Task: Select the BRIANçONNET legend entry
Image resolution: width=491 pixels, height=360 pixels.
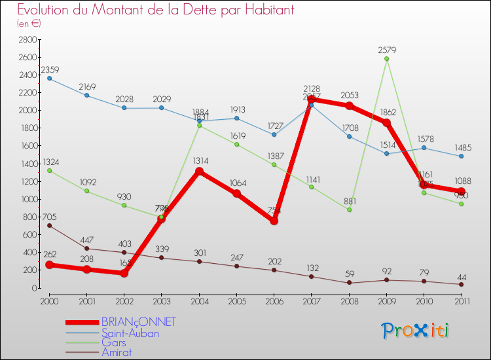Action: tap(139, 322)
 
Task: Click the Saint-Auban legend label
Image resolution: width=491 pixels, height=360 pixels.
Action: tap(130, 333)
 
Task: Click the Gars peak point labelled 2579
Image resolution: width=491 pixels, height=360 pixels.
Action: tap(387, 59)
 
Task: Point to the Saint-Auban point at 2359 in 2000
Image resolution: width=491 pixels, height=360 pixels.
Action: tap(50, 79)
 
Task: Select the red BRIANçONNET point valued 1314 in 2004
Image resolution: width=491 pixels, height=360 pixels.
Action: tap(199, 171)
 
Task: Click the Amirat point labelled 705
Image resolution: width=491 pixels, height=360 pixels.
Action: tap(50, 225)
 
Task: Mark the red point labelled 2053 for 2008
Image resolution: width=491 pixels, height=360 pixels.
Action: tap(350, 106)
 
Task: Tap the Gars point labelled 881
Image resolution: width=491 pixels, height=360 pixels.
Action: tap(350, 210)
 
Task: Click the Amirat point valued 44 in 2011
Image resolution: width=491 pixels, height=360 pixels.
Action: tap(462, 284)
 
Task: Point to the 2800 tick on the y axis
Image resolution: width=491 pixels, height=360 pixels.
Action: tap(27, 40)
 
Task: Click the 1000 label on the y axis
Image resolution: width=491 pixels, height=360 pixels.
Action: tap(27, 199)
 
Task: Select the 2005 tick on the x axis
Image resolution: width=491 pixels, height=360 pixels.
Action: tap(237, 300)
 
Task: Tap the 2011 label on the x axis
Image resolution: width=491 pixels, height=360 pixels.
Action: tap(462, 300)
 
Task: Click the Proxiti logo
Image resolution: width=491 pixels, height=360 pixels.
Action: tap(415, 331)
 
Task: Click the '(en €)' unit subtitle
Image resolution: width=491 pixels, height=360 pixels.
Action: tap(29, 24)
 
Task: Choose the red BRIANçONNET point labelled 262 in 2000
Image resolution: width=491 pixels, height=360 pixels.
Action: tap(50, 265)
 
